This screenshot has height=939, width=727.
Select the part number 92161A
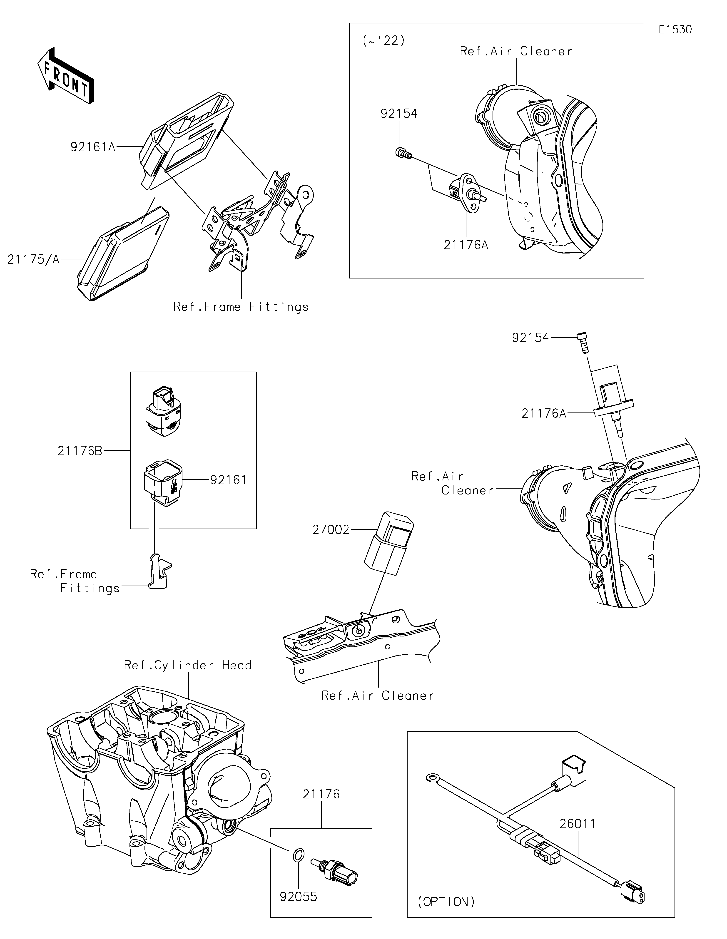tap(93, 147)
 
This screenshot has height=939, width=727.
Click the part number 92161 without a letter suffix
tap(228, 479)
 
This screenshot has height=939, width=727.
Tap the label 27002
tap(331, 530)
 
